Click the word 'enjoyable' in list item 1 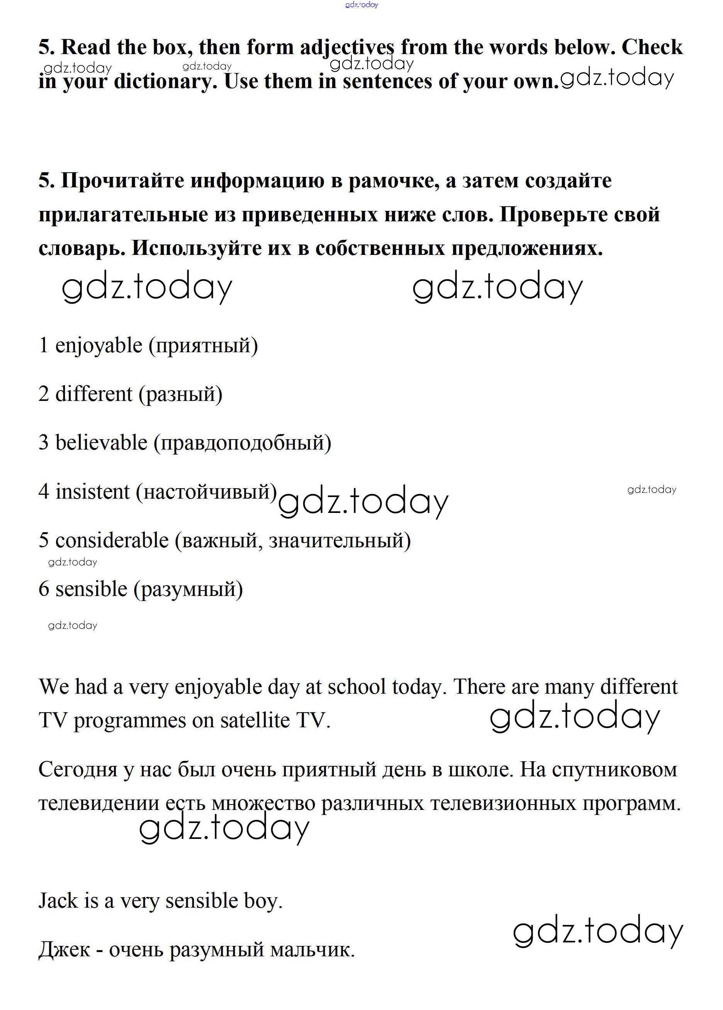pyautogui.click(x=98, y=346)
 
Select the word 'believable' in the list pyautogui.click(x=101, y=443)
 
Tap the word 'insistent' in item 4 pyautogui.click(x=92, y=492)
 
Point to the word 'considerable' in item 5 pyautogui.click(x=112, y=540)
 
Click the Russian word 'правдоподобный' pyautogui.click(x=242, y=443)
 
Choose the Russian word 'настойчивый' pyautogui.click(x=207, y=492)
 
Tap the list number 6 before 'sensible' pyautogui.click(x=44, y=589)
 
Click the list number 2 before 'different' pyautogui.click(x=44, y=394)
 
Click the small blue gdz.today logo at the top pyautogui.click(x=361, y=5)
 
